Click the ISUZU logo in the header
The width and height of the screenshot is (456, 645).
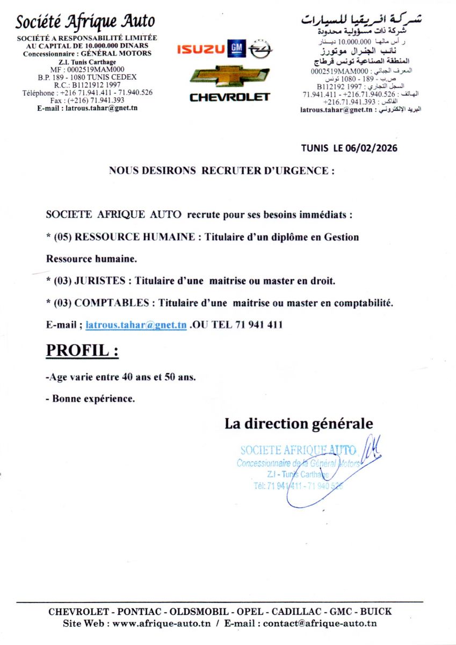click(x=201, y=50)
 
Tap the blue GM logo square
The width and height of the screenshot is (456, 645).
click(x=237, y=49)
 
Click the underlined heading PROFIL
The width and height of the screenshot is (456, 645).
click(x=82, y=350)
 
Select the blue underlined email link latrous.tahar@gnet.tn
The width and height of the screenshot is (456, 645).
click(x=136, y=325)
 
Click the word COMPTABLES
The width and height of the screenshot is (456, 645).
click(x=112, y=303)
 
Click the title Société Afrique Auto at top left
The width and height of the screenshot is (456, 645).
click(x=85, y=21)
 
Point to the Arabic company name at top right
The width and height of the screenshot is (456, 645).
click(x=361, y=20)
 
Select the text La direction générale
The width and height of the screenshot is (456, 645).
click(x=298, y=424)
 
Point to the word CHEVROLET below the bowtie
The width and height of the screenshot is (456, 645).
click(x=229, y=97)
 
